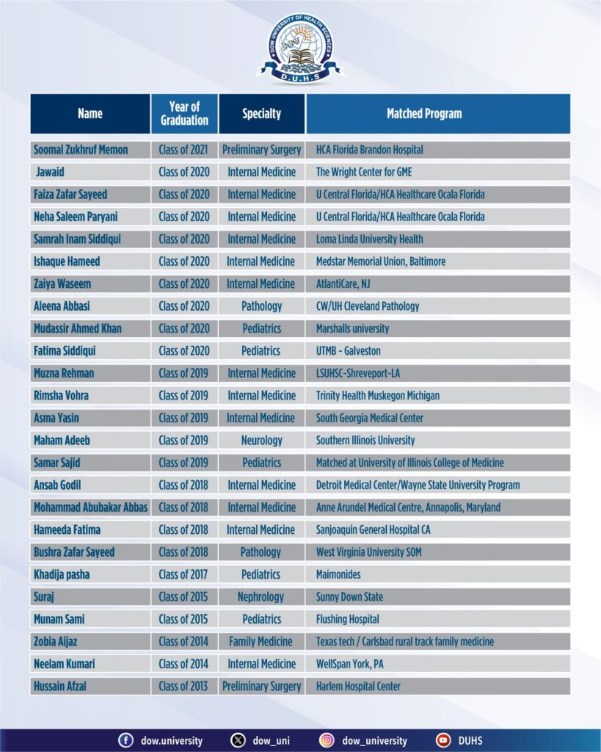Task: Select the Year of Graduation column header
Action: coord(184,114)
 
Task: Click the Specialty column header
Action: coord(261,114)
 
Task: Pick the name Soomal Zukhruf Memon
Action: coord(81,150)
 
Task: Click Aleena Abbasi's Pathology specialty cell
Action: coord(261,305)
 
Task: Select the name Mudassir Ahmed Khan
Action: coord(78,328)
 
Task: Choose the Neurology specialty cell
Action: coord(261,440)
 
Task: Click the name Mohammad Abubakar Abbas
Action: coord(90,507)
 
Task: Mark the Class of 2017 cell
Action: coord(183,574)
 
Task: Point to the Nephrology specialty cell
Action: coord(261,596)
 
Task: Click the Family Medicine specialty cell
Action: coord(261,641)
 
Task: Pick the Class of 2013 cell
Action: coord(183,686)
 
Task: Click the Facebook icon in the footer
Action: coord(125,740)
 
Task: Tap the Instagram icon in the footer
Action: coord(327,740)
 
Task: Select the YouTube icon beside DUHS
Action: coord(442,740)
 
